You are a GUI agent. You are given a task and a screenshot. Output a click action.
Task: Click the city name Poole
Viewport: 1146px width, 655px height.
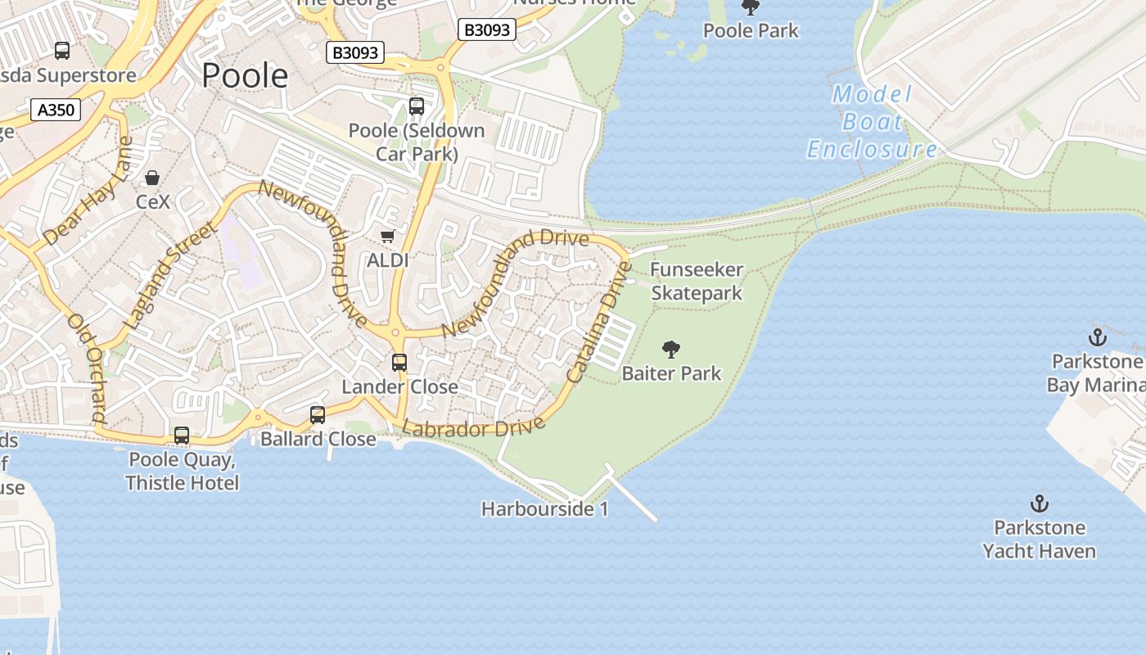tap(245, 75)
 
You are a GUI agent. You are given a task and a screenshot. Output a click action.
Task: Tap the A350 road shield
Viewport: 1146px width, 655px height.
tap(56, 109)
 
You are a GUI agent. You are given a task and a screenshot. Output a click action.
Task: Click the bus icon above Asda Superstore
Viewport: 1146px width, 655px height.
tap(62, 51)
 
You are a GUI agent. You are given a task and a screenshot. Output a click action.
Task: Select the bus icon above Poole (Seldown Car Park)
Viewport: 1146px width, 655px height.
tap(417, 106)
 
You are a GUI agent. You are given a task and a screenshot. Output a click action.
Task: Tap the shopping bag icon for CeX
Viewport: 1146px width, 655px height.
tap(152, 178)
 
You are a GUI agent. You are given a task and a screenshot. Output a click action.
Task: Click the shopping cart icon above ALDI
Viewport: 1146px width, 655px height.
tap(388, 237)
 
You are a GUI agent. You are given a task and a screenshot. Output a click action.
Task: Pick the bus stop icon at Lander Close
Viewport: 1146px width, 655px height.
tap(399, 362)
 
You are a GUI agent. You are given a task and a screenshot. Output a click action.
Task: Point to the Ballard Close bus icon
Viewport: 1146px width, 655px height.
tap(318, 415)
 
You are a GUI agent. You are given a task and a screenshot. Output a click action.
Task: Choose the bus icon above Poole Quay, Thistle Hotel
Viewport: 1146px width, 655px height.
tap(182, 436)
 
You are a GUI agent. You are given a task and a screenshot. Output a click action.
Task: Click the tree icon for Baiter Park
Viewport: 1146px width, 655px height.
tap(671, 350)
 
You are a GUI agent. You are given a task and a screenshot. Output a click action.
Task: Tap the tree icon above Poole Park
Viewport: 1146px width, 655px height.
tap(750, 7)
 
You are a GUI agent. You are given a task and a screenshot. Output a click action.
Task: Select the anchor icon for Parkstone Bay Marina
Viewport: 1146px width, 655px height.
tap(1096, 337)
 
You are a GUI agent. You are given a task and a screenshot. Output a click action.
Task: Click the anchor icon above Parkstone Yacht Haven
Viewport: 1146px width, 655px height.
tap(1040, 504)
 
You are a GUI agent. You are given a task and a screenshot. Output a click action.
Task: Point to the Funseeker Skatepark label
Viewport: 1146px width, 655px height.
tap(697, 281)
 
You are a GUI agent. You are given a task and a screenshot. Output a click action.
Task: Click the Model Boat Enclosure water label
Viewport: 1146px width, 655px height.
tap(873, 122)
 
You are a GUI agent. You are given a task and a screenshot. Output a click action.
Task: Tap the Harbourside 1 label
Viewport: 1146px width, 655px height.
tap(545, 509)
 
